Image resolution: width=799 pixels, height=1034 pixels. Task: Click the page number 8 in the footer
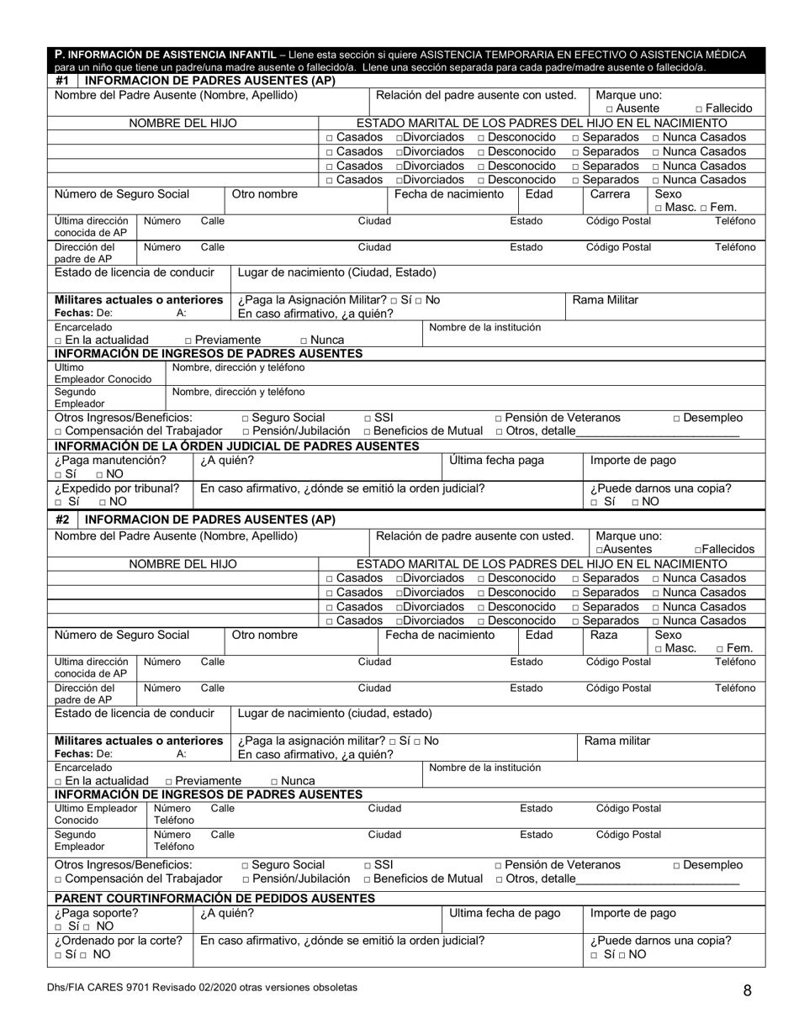point(747,990)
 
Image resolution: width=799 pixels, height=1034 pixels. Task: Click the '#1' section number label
point(62,81)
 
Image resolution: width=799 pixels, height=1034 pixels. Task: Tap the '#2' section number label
point(62,520)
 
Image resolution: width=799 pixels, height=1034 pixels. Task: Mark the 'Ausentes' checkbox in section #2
point(599,550)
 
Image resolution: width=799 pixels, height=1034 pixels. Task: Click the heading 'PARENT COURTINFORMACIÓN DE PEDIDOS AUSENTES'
point(214,898)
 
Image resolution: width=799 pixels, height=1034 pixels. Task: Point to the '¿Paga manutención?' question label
point(110,460)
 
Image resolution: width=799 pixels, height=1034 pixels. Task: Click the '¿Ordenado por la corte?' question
point(119,940)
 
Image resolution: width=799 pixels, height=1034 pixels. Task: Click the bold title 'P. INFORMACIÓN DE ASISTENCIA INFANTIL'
point(166,55)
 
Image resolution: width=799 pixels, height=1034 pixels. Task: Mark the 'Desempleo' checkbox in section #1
point(677,418)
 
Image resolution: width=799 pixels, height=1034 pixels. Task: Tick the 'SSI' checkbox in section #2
point(368,865)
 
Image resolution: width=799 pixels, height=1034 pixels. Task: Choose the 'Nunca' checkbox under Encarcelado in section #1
point(304,340)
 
